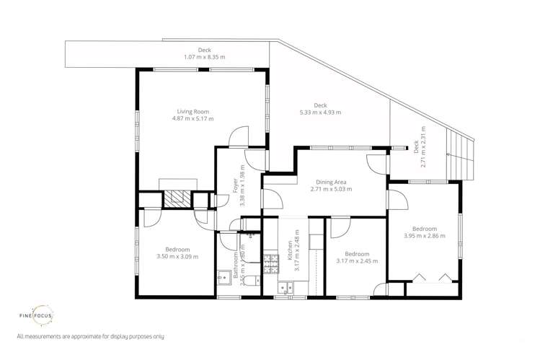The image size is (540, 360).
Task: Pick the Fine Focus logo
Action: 36,315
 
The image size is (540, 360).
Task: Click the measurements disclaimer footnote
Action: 90,336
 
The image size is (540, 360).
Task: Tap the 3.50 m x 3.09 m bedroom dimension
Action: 177,256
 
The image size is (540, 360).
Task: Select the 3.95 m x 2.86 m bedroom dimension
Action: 424,235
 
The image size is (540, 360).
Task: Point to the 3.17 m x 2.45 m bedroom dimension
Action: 357,261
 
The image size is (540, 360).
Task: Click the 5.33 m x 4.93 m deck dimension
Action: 320,113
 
